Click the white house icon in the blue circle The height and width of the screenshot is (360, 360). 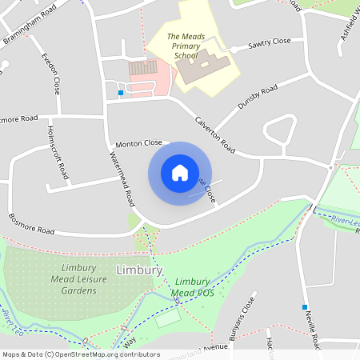[179, 173]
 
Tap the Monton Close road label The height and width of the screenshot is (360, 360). [138, 143]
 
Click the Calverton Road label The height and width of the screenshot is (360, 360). [215, 134]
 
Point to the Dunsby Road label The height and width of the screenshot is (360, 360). [257, 98]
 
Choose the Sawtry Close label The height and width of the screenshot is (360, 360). [270, 42]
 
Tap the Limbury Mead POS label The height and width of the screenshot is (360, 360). [192, 287]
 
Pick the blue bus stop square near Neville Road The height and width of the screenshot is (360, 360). [305, 307]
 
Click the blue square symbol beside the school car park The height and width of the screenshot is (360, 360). [121, 94]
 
